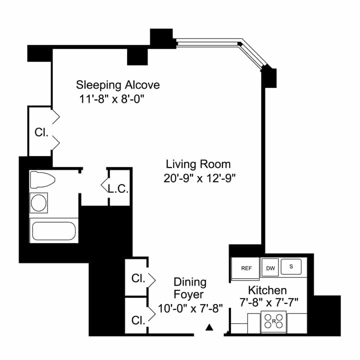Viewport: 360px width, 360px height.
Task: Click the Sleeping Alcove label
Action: point(118,84)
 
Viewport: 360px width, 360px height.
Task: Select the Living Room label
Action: point(198,163)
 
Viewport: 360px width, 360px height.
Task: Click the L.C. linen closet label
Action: point(118,189)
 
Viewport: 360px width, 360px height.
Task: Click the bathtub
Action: point(53,231)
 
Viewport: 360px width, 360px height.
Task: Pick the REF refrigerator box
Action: point(246,268)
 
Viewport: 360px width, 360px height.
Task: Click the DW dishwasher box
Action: point(270,268)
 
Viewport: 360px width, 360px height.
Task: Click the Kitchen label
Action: point(267,290)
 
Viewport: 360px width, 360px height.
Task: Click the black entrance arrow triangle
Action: point(210,328)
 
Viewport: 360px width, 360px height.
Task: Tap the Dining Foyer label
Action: point(189,288)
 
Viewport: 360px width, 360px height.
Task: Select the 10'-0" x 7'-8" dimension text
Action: point(190,307)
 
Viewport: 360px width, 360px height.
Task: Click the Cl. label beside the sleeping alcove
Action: point(41,133)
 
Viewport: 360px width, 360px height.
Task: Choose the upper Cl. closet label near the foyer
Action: point(138,278)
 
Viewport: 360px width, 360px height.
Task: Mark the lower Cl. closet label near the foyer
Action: point(138,319)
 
